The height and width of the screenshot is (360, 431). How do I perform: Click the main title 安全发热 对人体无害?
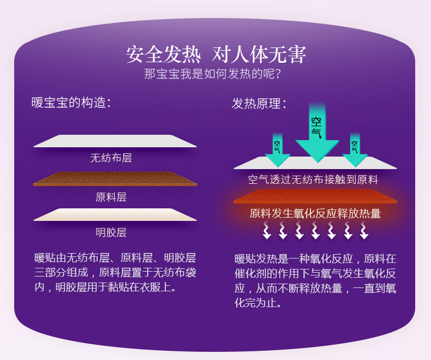click(216, 54)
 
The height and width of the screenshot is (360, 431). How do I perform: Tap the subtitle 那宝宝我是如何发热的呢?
click(212, 74)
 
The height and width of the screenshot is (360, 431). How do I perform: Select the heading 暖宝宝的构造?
click(71, 103)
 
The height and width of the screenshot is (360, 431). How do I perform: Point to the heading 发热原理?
click(259, 104)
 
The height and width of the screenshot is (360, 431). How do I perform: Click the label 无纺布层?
click(111, 158)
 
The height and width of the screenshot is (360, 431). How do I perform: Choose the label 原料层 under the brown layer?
click(111, 197)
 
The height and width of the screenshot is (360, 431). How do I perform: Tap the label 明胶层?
click(111, 232)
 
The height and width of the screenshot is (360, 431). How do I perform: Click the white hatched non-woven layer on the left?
click(115, 141)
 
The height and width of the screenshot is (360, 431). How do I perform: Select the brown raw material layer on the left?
click(115, 179)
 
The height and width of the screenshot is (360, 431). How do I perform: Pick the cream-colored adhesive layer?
click(115, 214)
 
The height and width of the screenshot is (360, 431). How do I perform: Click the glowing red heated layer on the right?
click(315, 196)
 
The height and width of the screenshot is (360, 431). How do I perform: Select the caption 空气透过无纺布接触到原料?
click(313, 179)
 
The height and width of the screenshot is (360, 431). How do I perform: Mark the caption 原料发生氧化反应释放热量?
click(315, 213)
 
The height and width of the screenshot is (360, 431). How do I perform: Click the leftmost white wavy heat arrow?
click(267, 230)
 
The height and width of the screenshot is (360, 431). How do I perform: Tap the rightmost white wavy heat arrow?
click(364, 230)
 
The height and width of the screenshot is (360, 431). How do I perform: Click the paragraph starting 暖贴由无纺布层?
click(115, 273)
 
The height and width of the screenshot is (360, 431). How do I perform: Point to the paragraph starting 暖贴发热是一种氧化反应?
click(315, 280)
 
